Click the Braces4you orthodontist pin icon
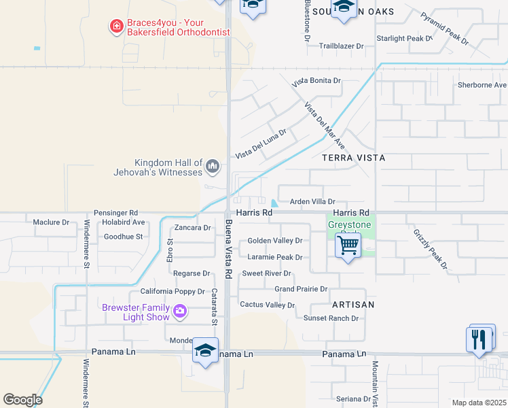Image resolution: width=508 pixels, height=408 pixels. pyautogui.click(x=116, y=27)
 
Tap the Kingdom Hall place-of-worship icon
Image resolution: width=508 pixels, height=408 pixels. pyautogui.click(x=213, y=165)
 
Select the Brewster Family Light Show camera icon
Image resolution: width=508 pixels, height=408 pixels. pyautogui.click(x=180, y=311)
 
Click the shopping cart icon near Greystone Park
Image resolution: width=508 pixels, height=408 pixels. pyautogui.click(x=348, y=246)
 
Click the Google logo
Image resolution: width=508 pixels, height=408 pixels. pyautogui.click(x=22, y=400)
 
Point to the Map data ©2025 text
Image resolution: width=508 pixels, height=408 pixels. pyautogui.click(x=479, y=403)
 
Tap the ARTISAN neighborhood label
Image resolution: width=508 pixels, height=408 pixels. pyautogui.click(x=353, y=305)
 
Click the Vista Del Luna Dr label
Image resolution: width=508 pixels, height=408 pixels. pyautogui.click(x=261, y=144)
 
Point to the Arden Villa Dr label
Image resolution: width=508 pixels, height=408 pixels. pyautogui.click(x=313, y=202)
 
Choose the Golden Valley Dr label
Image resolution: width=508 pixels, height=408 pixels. pyautogui.click(x=274, y=241)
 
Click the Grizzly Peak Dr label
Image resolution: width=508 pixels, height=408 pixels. pyautogui.click(x=431, y=249)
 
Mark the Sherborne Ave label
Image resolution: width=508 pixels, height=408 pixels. pyautogui.click(x=482, y=85)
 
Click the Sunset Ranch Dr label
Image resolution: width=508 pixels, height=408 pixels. pyautogui.click(x=331, y=318)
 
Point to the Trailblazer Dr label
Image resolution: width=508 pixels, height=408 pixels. pyautogui.click(x=342, y=46)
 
